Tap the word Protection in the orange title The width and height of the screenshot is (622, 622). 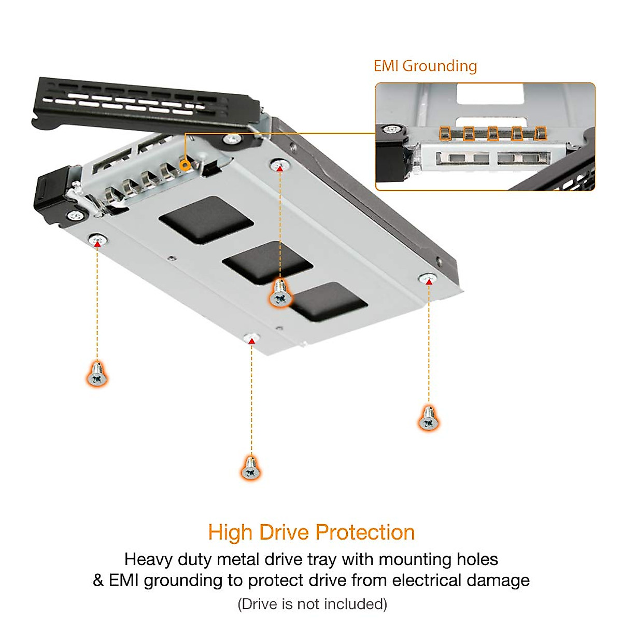365,533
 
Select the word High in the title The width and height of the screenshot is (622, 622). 230,533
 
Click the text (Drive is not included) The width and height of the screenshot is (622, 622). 312,604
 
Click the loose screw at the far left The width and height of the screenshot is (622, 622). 97,374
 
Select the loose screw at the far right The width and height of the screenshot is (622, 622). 428,419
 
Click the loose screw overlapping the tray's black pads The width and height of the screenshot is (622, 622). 280,294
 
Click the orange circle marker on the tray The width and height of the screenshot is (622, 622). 183,165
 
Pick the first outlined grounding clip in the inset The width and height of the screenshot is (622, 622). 445,133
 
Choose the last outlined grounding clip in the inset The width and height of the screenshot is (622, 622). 540,133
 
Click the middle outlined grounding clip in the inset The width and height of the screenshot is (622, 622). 493,133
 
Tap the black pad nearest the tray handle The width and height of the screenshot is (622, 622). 206,219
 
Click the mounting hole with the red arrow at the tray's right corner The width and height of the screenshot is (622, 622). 428,279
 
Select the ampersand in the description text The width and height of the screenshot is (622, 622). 98,580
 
